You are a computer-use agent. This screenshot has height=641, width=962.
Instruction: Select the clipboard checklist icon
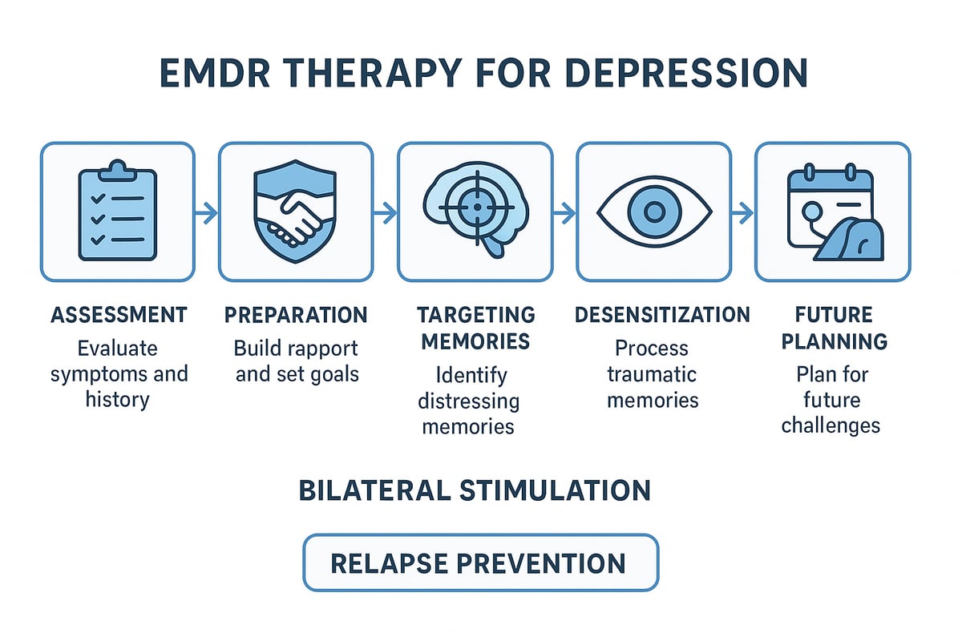117,211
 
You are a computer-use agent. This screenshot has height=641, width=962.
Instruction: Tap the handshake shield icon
295,211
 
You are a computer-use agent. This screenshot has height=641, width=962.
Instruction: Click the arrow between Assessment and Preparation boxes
206,212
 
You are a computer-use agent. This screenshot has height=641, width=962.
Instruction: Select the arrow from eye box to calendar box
742,212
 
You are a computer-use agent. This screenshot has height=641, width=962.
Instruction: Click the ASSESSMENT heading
119,314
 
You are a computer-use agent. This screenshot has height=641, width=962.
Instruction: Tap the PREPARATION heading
296,314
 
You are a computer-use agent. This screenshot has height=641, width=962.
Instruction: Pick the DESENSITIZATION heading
662,314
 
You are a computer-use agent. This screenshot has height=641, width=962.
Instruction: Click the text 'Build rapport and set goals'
296,361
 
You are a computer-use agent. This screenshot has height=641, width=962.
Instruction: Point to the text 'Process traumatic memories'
653,374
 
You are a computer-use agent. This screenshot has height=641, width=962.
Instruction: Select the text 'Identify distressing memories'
471,399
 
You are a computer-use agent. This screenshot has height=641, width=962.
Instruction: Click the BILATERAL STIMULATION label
475,490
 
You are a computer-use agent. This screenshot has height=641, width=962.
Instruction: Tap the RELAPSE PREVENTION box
479,562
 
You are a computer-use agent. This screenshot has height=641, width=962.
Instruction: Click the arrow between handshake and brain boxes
386,212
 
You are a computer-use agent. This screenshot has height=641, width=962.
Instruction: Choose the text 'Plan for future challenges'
831,399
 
